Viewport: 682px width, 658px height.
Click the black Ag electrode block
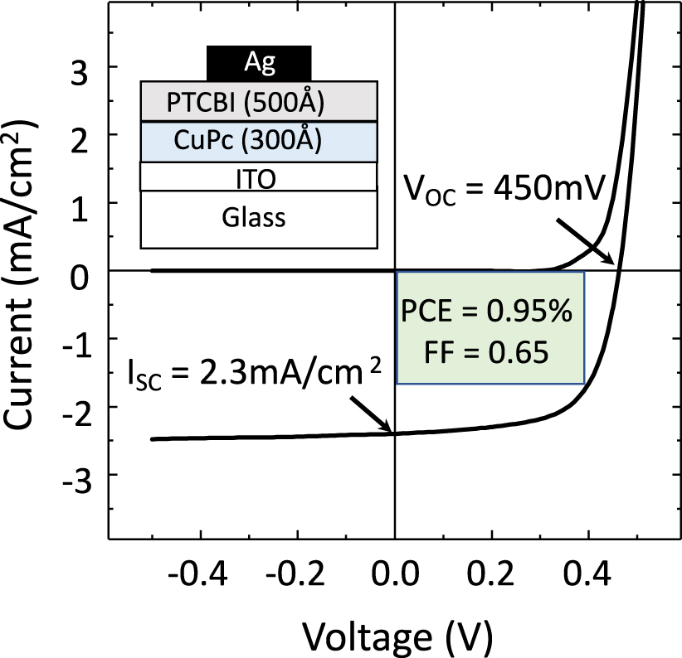coord(258,62)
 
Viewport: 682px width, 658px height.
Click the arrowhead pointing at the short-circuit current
coord(388,428)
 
